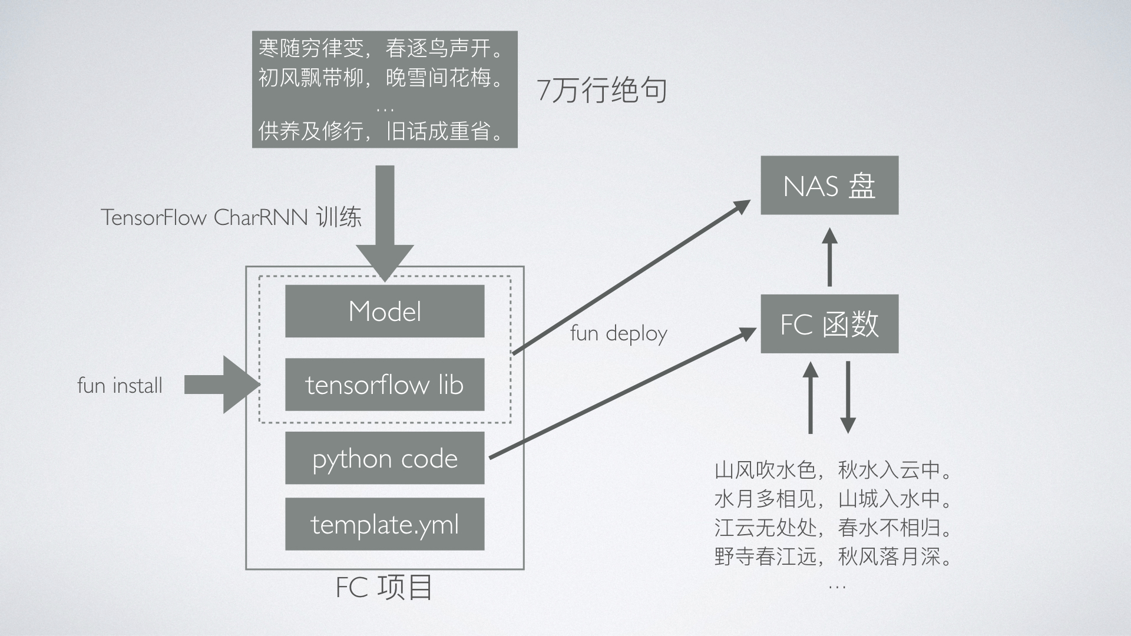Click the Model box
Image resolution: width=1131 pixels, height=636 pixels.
[385, 311]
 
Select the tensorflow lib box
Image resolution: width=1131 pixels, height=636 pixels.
[385, 385]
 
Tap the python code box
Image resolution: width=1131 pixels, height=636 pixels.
[385, 458]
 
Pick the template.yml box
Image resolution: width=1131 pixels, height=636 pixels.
[385, 524]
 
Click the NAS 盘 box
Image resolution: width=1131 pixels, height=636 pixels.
[829, 185]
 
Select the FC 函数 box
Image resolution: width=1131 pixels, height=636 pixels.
[829, 324]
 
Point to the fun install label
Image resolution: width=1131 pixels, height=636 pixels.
[120, 386]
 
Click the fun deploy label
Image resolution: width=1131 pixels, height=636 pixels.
[619, 334]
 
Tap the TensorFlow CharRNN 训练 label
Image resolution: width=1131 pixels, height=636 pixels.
[231, 217]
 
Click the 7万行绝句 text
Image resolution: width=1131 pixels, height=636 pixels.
[602, 91]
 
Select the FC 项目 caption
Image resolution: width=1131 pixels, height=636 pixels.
[384, 587]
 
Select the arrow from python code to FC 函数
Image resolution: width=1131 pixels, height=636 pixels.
[621, 395]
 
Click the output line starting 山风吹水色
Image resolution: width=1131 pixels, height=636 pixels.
[833, 470]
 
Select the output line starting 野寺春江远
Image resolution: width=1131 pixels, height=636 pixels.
[833, 556]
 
